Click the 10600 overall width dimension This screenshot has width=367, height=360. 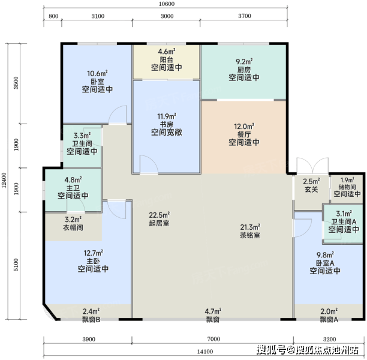pos(167,4)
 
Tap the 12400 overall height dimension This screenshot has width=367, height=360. pos(4,181)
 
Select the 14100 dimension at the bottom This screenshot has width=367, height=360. pos(205,352)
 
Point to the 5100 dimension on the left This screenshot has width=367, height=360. pos(16,265)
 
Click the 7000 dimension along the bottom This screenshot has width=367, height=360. pos(213,339)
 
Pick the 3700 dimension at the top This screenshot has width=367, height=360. pos(245,16)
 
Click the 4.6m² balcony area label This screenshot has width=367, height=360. pos(167,51)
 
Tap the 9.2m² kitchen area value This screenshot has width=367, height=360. pos(244,62)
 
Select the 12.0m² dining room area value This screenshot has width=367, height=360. pos(244,127)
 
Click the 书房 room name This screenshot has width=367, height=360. pos(167,124)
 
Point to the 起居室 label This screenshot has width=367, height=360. pos(159,223)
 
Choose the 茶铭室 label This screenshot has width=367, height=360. pos(250,235)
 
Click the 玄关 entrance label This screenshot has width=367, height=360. pos(311,189)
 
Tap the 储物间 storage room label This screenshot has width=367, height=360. pos(347,187)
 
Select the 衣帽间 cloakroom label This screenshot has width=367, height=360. pos(73,227)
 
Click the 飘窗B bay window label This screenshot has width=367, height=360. pos(91,319)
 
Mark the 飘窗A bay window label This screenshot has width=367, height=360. pos(329,319)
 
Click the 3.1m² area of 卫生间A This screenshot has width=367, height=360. pos(344,214)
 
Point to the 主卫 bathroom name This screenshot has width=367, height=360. pos(73,188)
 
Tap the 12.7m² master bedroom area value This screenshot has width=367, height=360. pos(93,253)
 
